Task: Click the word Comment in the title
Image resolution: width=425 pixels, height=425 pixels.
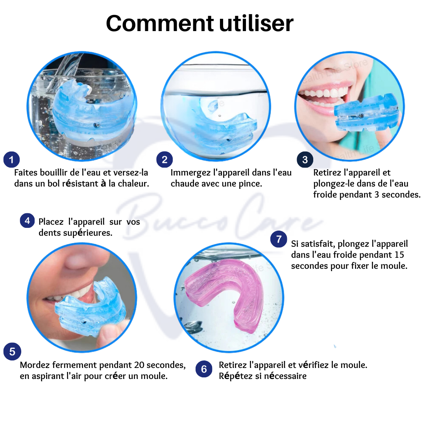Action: tap(160, 23)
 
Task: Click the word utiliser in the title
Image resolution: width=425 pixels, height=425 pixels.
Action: tap(256, 23)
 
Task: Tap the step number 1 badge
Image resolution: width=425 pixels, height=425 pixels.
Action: tap(11, 160)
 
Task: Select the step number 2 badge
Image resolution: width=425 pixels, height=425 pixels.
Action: tap(164, 160)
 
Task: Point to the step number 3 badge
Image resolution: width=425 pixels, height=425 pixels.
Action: tap(305, 160)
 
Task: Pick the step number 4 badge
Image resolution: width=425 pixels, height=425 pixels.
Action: tap(28, 221)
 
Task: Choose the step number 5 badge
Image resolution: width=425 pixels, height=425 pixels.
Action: tap(12, 351)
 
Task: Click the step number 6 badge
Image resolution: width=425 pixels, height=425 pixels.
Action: tap(204, 369)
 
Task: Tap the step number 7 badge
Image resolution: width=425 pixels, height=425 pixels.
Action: tap(279, 239)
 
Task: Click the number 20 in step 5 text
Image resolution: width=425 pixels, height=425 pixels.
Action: tap(139, 365)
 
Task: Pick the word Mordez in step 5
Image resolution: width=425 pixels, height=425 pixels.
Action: tap(35, 365)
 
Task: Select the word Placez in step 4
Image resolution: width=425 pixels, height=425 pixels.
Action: tap(51, 222)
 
